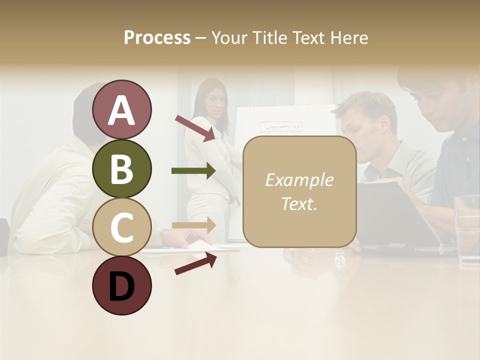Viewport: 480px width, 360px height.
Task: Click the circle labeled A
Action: pos(121,109)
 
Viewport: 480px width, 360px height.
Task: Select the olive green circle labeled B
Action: pos(121,168)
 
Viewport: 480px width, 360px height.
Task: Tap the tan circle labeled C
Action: pos(121,227)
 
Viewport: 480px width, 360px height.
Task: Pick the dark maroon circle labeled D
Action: pos(121,285)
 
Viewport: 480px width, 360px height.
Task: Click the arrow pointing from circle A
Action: pos(195,127)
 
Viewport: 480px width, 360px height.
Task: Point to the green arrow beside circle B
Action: pos(193,171)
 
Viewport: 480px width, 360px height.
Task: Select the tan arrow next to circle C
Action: pos(193,225)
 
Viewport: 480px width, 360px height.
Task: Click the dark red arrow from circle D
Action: pos(195,263)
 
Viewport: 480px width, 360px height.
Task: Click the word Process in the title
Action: pos(157,37)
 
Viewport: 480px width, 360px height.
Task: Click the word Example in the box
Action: pos(299,180)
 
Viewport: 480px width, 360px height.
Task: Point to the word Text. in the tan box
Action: pos(299,203)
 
